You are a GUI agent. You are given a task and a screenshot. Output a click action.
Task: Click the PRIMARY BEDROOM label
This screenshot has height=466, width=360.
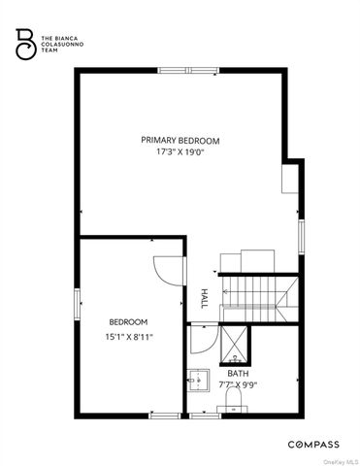182,140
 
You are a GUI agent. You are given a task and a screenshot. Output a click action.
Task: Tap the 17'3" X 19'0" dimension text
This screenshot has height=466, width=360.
182,152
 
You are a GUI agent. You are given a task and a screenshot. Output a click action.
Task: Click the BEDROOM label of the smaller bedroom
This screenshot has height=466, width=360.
128,322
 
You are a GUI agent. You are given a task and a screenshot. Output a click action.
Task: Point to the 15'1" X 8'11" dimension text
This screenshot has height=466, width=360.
128,337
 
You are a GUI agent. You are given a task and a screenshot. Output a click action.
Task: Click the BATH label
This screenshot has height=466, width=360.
238,373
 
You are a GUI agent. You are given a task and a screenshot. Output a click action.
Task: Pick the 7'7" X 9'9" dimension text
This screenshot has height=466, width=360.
238,384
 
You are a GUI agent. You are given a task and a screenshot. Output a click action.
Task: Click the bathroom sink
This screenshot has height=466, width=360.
197,379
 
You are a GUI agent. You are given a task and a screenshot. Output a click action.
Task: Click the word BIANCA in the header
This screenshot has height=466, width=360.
65,36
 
